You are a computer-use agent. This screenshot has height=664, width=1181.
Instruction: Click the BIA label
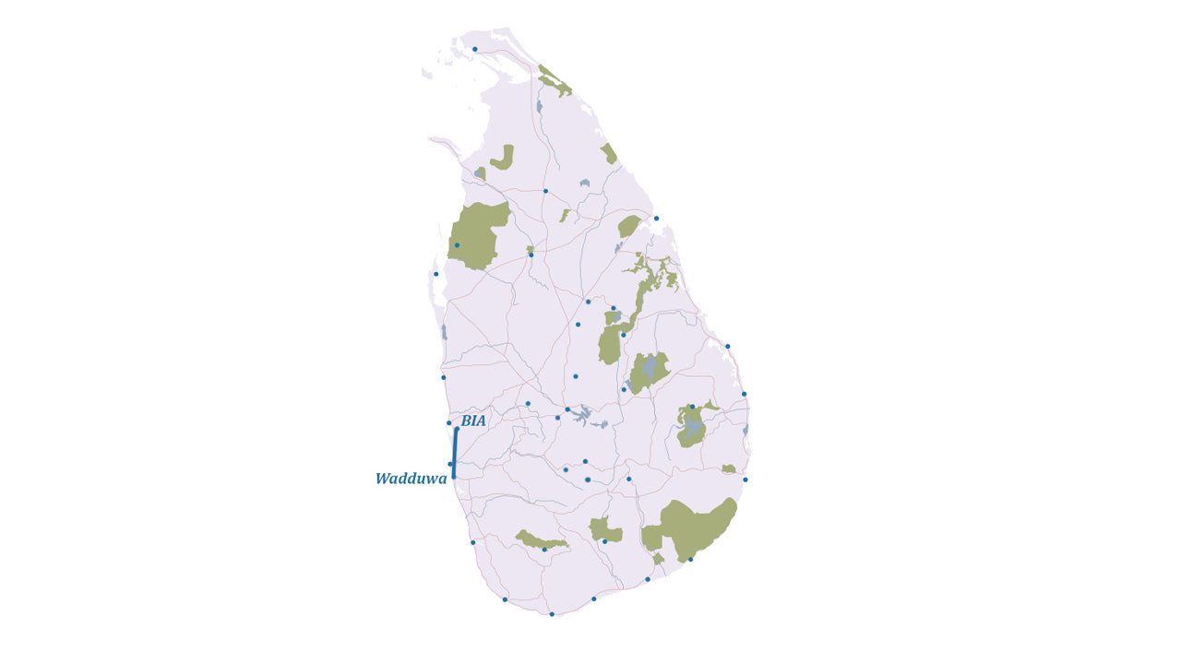point(473,421)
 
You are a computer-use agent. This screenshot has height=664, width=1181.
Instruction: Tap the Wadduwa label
point(411,480)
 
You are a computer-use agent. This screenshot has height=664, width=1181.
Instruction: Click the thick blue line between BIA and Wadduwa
point(455,452)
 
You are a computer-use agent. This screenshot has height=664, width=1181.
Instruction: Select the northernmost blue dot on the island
point(475,50)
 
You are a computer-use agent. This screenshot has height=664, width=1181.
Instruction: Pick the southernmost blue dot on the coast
point(552,614)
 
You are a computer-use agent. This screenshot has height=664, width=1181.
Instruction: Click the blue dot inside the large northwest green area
point(457,245)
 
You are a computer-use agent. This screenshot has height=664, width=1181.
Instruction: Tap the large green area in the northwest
point(478,235)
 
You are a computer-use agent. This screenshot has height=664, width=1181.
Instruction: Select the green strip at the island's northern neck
point(555,81)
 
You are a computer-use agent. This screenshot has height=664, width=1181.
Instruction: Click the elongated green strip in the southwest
point(540,540)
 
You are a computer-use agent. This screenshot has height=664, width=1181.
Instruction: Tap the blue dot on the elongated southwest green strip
point(544,550)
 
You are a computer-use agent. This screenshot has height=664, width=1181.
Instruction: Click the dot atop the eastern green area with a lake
point(691,407)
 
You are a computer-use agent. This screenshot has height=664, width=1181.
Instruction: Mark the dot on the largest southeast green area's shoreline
point(690,560)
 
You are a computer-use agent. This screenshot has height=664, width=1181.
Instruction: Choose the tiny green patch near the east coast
point(729,469)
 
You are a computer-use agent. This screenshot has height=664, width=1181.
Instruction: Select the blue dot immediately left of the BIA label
point(449,423)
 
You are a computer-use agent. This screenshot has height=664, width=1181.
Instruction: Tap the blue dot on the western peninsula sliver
point(436,274)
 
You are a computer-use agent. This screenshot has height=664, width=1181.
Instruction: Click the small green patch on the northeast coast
point(608,153)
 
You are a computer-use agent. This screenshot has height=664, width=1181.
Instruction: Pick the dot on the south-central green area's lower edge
point(604,542)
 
